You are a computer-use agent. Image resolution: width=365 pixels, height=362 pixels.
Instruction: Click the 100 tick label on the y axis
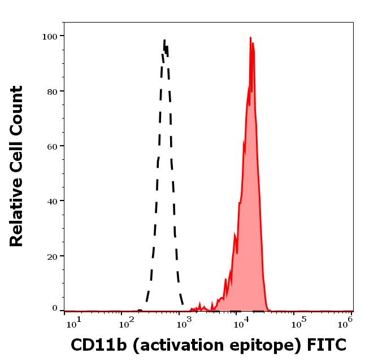(x=50, y=36)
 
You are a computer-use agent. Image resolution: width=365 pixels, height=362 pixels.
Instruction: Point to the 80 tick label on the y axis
(x=52, y=91)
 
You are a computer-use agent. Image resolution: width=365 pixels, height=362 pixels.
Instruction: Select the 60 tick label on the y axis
(x=52, y=146)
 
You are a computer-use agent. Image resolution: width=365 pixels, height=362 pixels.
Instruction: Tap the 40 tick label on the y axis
(x=52, y=200)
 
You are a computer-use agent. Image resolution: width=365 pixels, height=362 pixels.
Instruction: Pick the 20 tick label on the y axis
(x=52, y=256)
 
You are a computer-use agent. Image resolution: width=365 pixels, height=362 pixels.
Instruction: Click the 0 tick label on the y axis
(x=55, y=308)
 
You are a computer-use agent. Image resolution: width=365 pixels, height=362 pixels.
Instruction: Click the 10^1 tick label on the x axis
(x=74, y=323)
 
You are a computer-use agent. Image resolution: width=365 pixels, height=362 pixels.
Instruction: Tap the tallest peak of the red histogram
(x=250, y=38)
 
